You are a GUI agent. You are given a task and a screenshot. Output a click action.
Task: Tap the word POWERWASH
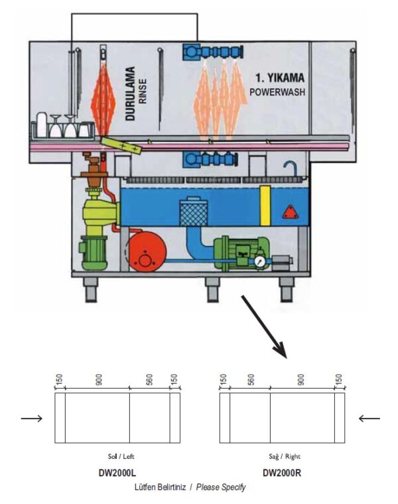coord(278,92)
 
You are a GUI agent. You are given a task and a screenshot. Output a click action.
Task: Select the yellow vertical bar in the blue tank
coord(265,206)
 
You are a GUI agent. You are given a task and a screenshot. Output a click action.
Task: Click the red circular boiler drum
coord(147,253)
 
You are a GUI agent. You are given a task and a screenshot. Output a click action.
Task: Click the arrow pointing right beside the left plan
coord(32,418)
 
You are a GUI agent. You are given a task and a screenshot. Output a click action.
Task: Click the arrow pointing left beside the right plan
coord(369,418)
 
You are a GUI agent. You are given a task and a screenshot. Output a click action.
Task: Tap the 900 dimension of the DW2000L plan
coord(98,380)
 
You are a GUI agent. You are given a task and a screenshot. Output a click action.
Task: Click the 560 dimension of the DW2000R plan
coord(251,380)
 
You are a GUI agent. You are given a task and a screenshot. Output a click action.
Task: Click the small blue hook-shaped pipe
coord(290,166)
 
